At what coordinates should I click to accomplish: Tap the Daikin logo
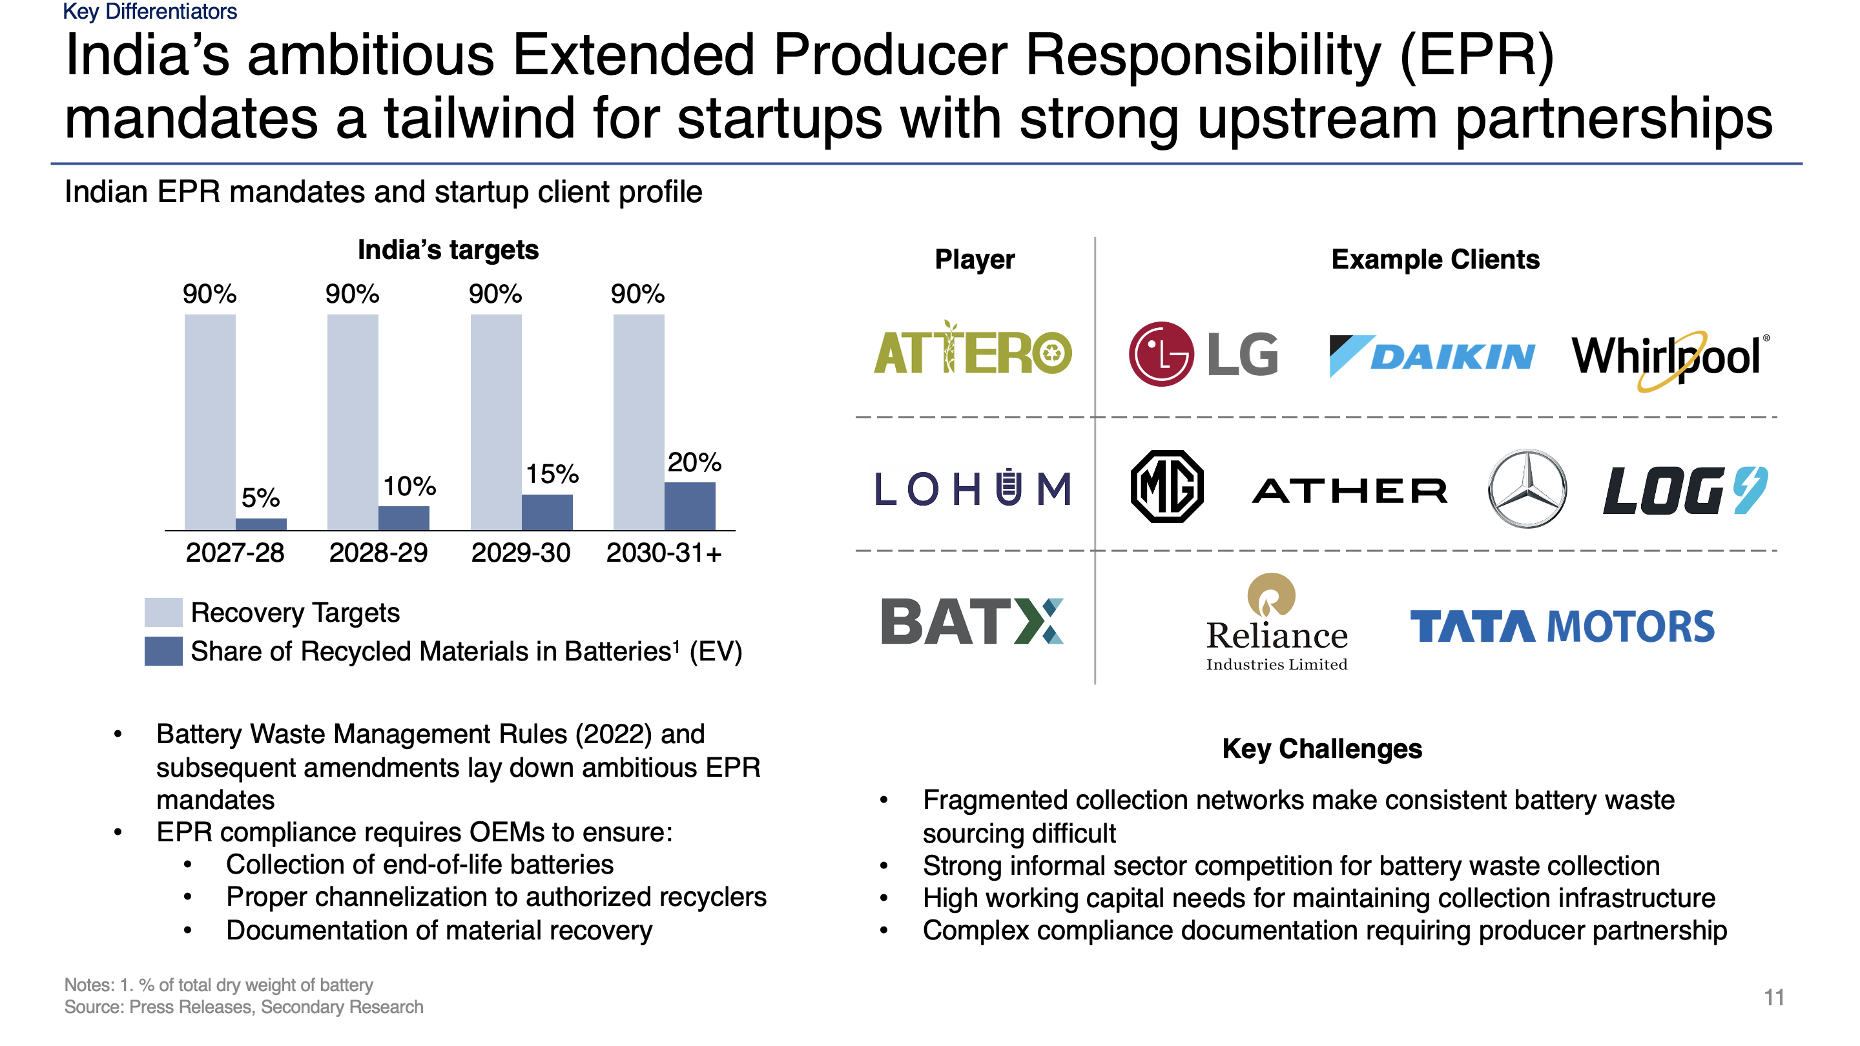[x=1431, y=356]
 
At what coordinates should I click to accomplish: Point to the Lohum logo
[x=972, y=489]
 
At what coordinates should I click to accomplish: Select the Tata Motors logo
[x=1561, y=626]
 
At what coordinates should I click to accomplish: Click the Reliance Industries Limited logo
[x=1276, y=622]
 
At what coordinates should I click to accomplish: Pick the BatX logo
[x=972, y=620]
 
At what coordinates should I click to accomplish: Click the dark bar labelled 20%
[x=689, y=506]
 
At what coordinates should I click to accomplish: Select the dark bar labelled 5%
[x=261, y=524]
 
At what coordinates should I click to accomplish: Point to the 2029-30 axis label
[x=520, y=553]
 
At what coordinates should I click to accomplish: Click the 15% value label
[x=552, y=475]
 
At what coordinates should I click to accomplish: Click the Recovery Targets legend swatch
[x=163, y=612]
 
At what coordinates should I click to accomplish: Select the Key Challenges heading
[x=1321, y=748]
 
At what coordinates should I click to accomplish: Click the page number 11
[x=1773, y=997]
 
